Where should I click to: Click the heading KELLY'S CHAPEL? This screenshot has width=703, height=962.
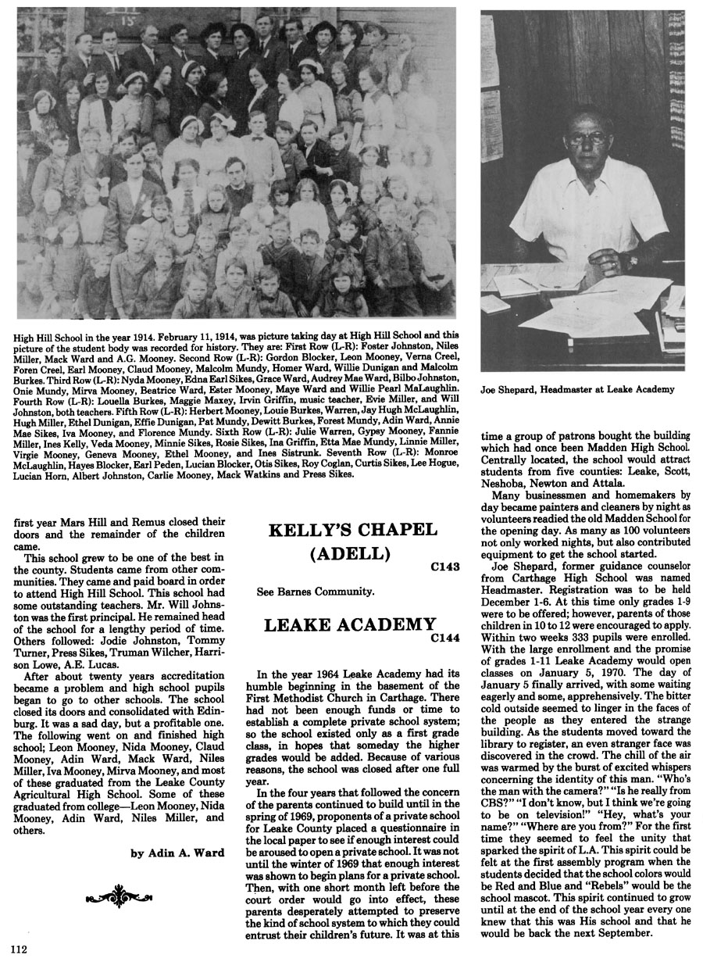(x=351, y=530)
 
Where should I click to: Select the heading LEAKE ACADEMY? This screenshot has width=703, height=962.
(x=349, y=624)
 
